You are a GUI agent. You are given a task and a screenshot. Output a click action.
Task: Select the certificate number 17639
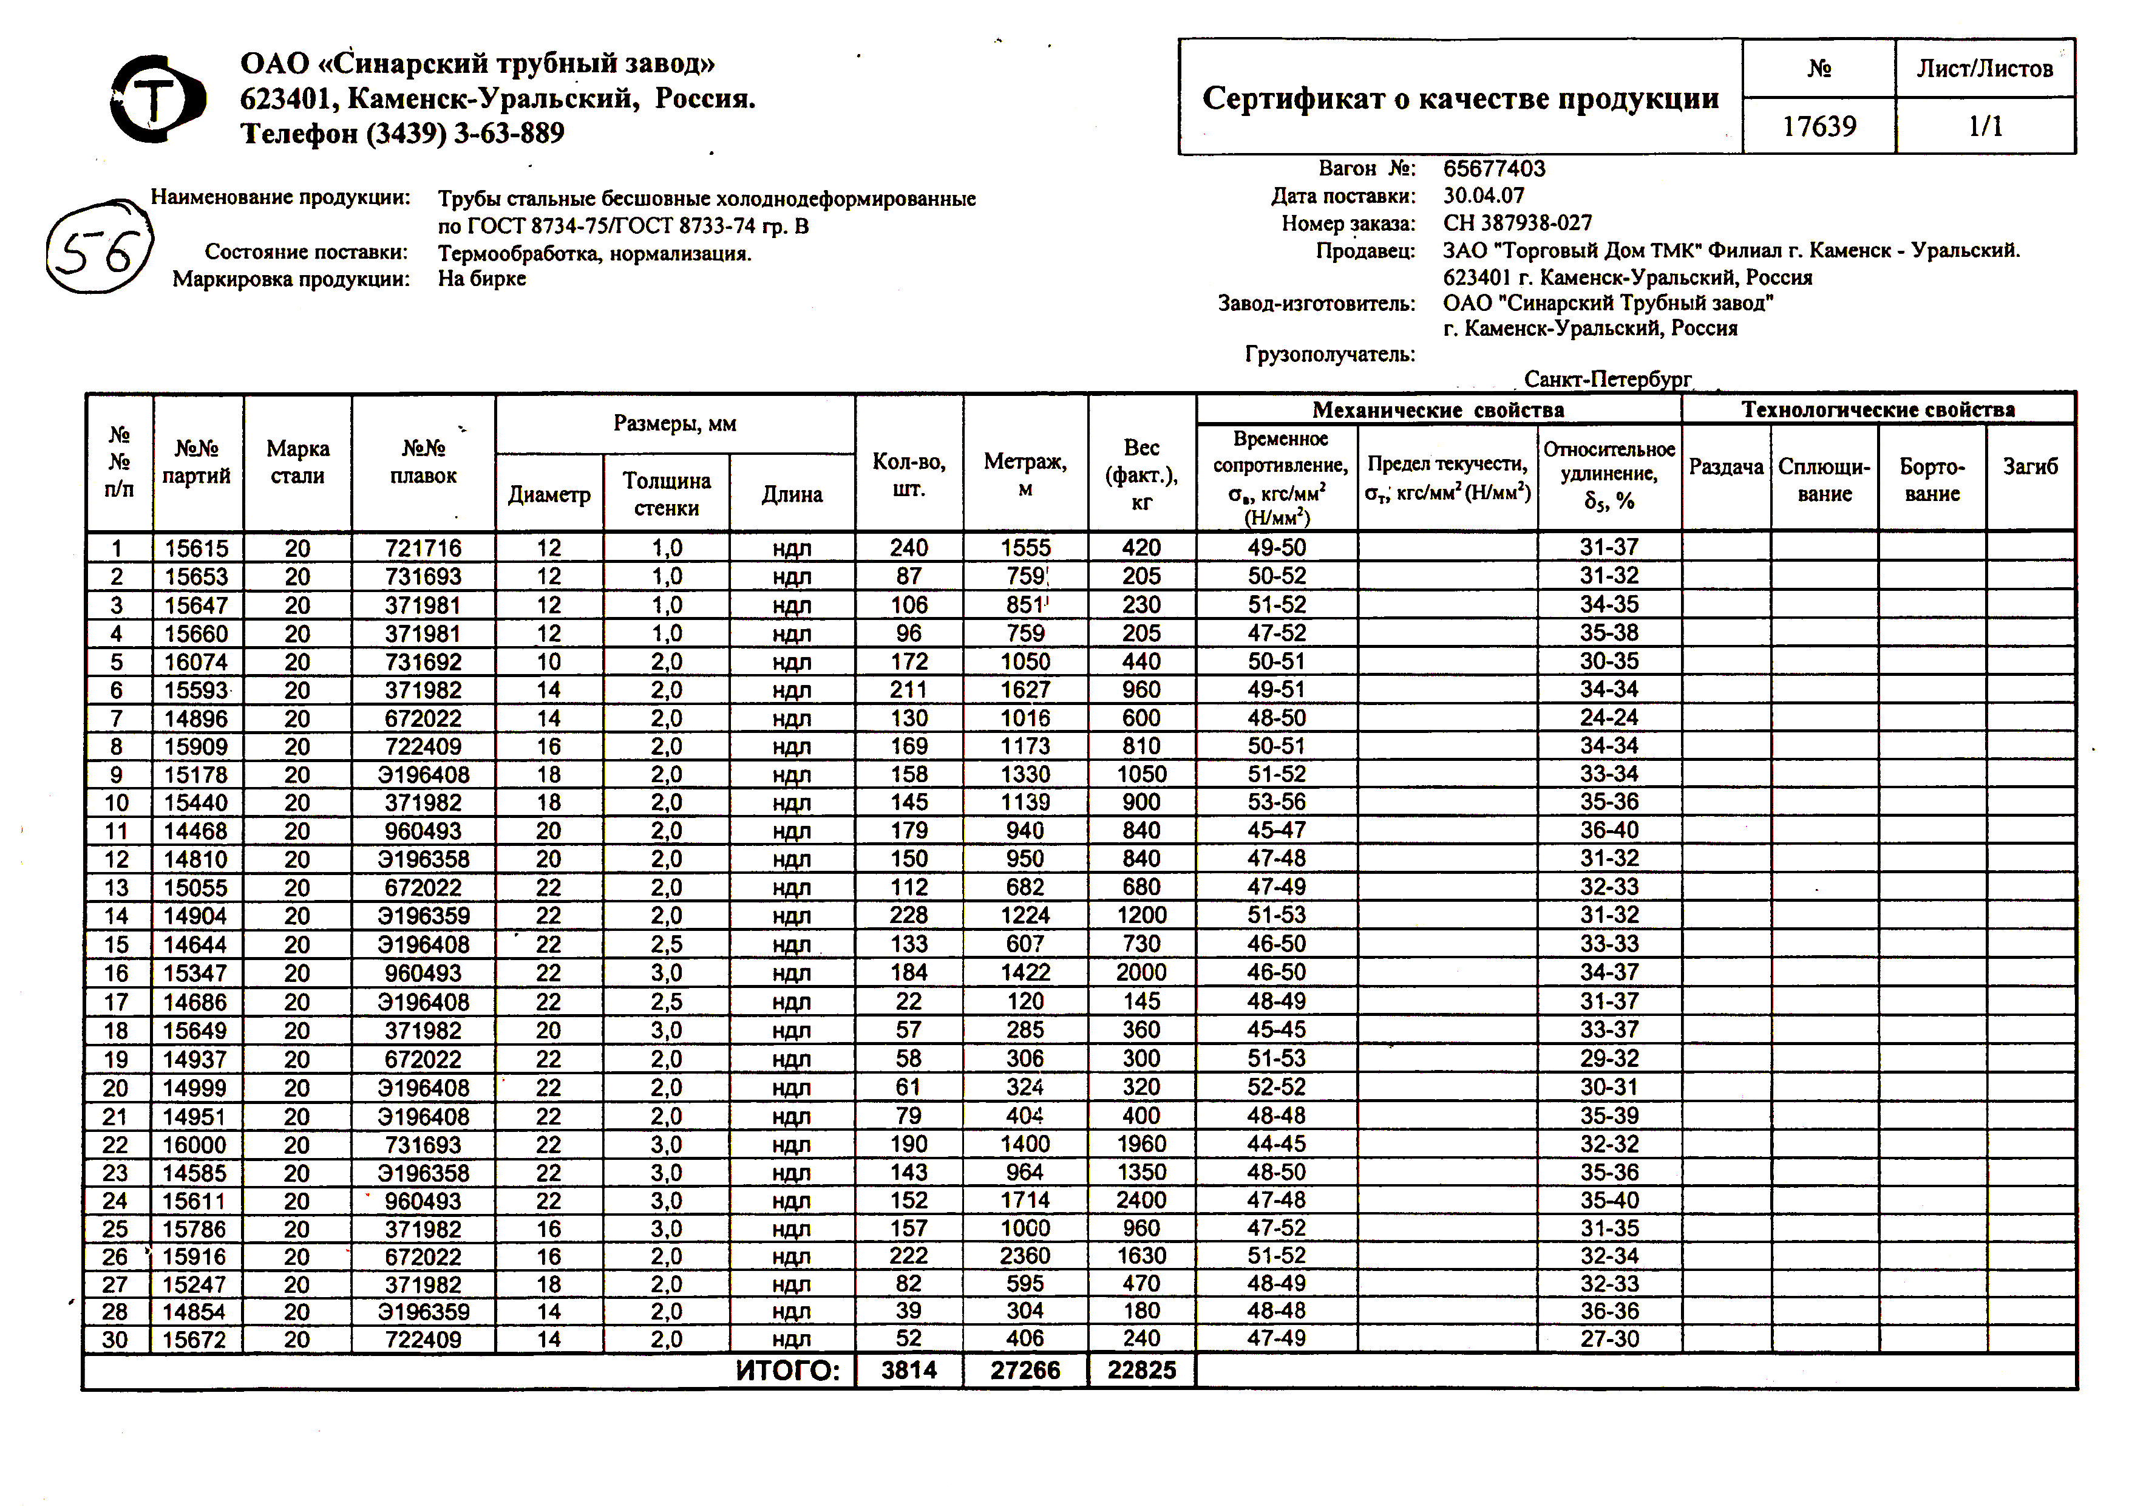(1818, 126)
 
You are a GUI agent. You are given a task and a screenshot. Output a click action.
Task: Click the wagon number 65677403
(1494, 169)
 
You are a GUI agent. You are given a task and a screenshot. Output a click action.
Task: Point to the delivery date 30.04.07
(1482, 196)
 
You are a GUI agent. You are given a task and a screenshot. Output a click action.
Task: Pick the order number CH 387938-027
(1517, 223)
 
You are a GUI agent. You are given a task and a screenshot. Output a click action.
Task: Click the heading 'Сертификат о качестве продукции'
(1459, 98)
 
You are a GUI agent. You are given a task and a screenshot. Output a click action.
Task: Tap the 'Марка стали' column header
(297, 462)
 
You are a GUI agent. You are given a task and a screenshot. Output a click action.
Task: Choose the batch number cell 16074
(195, 662)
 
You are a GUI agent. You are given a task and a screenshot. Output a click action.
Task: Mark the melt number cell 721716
(423, 548)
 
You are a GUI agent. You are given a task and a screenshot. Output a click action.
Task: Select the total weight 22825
(1141, 1371)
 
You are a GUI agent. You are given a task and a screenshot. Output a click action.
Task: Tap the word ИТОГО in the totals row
(788, 1371)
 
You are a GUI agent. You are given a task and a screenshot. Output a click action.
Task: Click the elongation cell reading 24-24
(1609, 718)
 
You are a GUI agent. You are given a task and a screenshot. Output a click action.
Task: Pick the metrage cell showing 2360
(1025, 1256)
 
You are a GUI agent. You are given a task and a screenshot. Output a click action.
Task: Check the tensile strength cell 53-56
(1276, 802)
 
